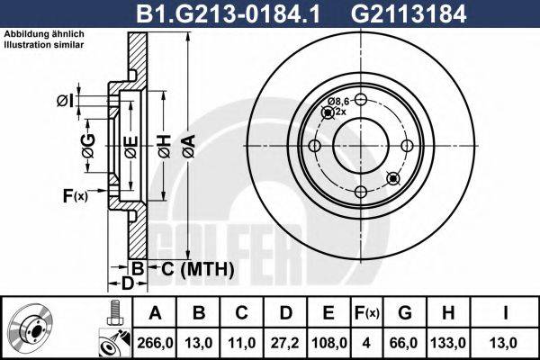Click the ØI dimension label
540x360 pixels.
[64, 99]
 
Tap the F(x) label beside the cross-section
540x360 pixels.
[75, 195]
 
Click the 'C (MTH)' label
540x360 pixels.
[192, 269]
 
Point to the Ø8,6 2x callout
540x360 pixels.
[339, 106]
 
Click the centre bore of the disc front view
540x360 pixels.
[360, 147]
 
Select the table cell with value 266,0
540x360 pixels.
[154, 342]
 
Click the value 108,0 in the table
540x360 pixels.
[328, 342]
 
